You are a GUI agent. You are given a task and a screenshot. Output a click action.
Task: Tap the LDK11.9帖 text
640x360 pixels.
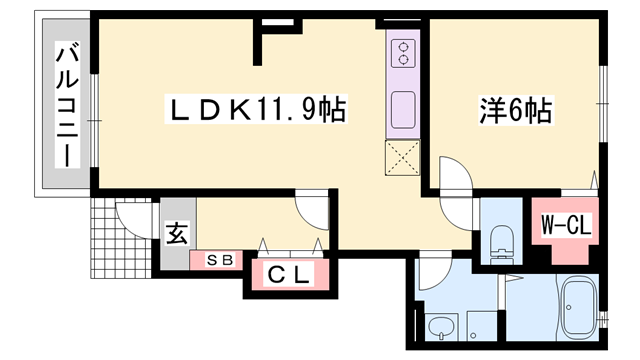pyautogui.click(x=254, y=109)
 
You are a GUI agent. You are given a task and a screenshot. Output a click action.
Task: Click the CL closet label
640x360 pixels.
pyautogui.click(x=288, y=273)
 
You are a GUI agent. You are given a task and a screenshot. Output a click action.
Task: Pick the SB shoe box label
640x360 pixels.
pyautogui.click(x=219, y=260)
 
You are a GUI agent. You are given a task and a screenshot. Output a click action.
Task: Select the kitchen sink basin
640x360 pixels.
pyautogui.click(x=405, y=109)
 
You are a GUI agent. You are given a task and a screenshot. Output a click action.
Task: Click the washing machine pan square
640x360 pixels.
pyautogui.click(x=478, y=325)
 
